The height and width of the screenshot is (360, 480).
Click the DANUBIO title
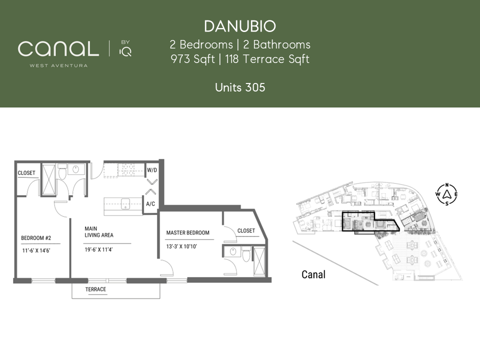(240, 26)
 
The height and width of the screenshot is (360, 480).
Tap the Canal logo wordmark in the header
(58, 49)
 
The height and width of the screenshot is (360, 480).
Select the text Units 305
(240, 87)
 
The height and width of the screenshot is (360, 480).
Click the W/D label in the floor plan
(152, 170)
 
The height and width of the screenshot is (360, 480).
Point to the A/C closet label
(150, 204)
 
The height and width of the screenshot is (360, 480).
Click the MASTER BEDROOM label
(187, 232)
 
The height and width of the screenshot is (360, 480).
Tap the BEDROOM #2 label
(36, 238)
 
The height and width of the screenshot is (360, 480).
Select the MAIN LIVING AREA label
(99, 231)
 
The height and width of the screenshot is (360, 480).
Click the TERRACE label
(95, 289)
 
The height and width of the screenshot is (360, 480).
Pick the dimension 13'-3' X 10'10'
(181, 246)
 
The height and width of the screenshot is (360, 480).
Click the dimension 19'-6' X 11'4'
(98, 249)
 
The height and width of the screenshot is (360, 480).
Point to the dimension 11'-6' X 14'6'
(36, 250)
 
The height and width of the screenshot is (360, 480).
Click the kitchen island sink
(125, 204)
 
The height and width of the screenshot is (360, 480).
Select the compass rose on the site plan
(446, 194)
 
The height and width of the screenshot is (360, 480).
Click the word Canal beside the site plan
(313, 274)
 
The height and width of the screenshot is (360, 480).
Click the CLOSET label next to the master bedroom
(246, 230)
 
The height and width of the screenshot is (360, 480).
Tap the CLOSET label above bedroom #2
(26, 173)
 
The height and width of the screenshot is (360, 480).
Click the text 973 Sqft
(192, 59)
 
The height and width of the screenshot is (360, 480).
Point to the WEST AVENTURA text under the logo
(58, 65)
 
